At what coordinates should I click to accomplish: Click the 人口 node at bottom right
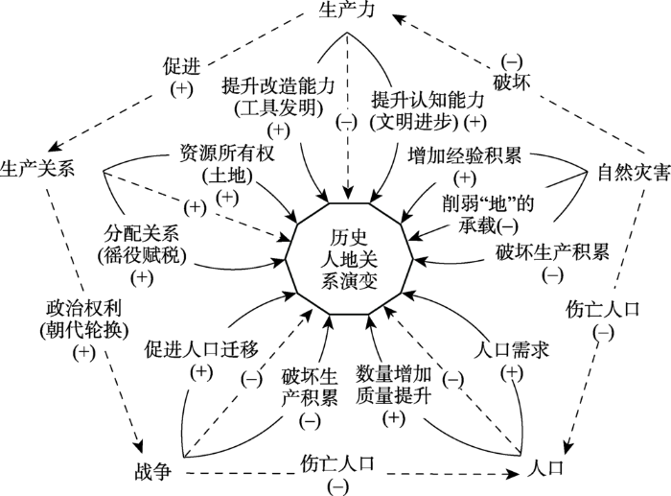pyautogui.click(x=544, y=470)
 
